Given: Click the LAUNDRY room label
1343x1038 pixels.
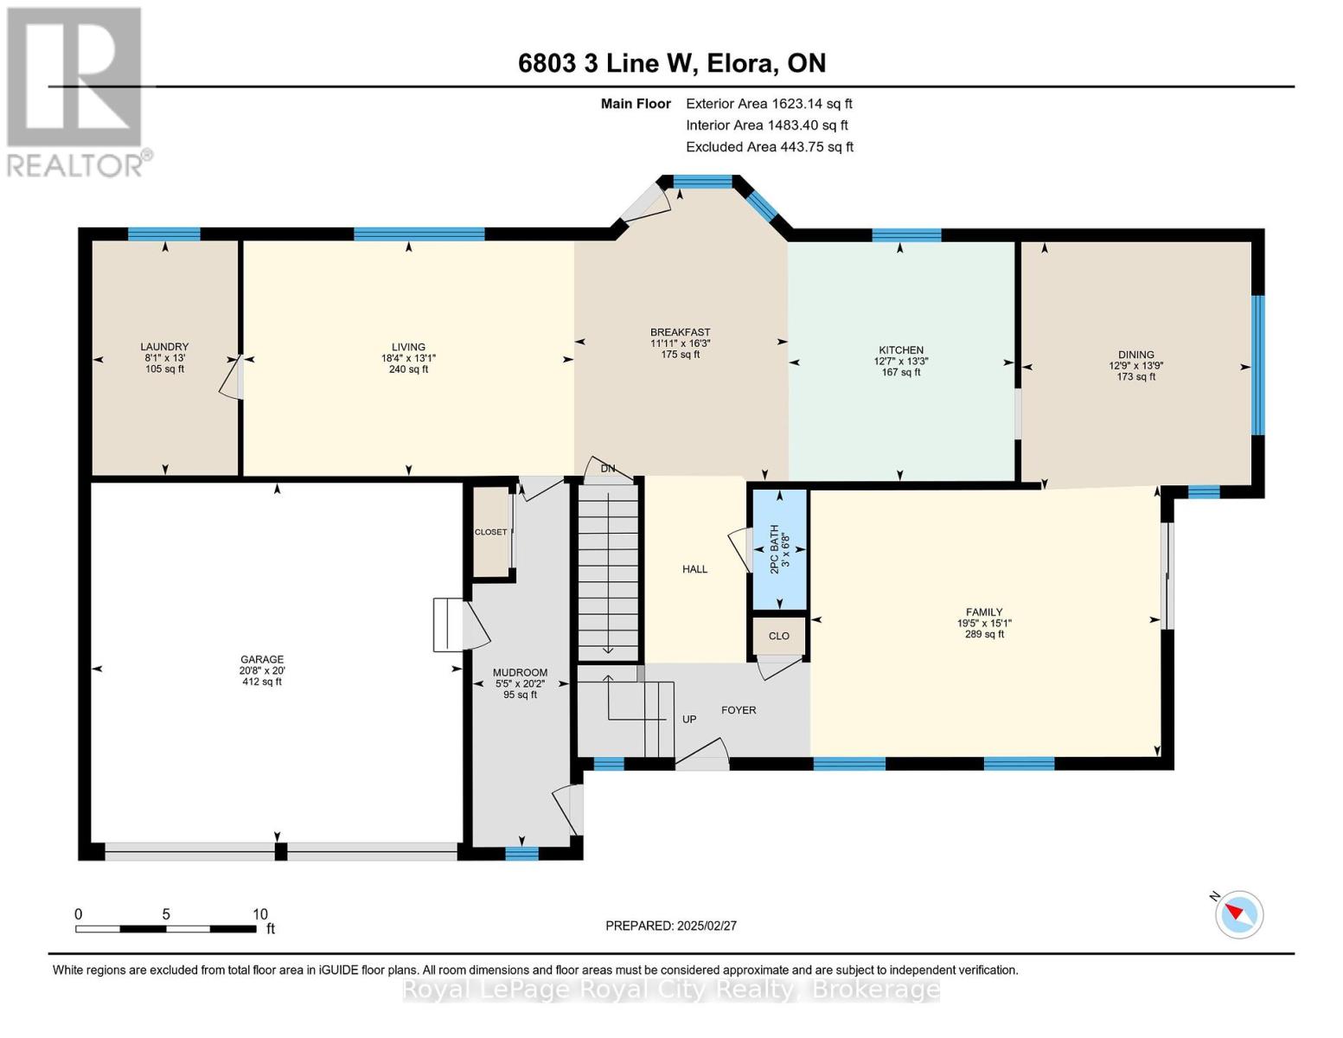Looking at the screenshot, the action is pyautogui.click(x=164, y=347).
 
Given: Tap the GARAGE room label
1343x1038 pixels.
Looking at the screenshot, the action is pyautogui.click(x=262, y=659).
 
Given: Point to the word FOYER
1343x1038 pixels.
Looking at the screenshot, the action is pyautogui.click(x=739, y=709).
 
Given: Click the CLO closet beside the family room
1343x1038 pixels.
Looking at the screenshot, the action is pyautogui.click(x=778, y=636).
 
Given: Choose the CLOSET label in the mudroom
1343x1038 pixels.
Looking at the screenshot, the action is pyautogui.click(x=490, y=532).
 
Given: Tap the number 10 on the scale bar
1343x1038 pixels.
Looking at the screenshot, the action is pyautogui.click(x=260, y=913).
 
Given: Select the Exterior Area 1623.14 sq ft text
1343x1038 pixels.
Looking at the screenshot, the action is pyautogui.click(x=769, y=104).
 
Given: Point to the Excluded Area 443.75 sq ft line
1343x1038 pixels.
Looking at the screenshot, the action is pyautogui.click(x=770, y=147).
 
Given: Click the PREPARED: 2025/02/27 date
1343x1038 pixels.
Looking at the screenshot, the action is pyautogui.click(x=671, y=926).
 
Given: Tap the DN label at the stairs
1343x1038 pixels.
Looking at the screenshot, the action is pyautogui.click(x=608, y=469).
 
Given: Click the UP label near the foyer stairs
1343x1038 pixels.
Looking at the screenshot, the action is pyautogui.click(x=689, y=719).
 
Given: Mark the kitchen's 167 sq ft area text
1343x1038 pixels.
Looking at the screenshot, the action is pyautogui.click(x=901, y=372).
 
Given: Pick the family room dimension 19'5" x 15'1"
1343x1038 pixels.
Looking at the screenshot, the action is pyautogui.click(x=984, y=623).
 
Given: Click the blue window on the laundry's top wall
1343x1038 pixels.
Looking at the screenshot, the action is pyautogui.click(x=163, y=234).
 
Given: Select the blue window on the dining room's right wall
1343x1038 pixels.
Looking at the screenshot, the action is pyautogui.click(x=1257, y=365).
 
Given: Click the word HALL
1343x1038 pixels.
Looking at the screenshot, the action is pyautogui.click(x=694, y=569).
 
